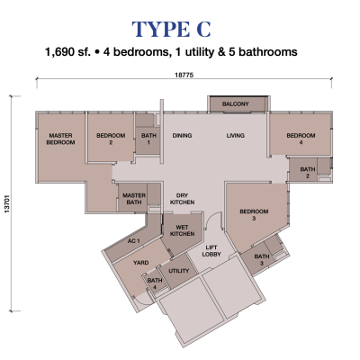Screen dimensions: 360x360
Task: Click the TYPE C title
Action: pyautogui.click(x=171, y=29)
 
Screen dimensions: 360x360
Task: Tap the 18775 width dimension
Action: pyautogui.click(x=184, y=75)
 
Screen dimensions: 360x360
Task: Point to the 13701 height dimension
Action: pyautogui.click(x=7, y=204)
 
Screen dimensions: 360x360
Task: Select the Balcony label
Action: pyautogui.click(x=236, y=104)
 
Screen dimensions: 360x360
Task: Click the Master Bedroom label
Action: pyautogui.click(x=60, y=139)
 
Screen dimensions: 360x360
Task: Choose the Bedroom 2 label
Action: pyautogui.click(x=111, y=139)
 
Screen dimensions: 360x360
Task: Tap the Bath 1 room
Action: pyautogui.click(x=148, y=140)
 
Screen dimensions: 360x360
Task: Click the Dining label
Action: pyautogui.click(x=182, y=136)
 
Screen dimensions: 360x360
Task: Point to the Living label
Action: pyautogui.click(x=236, y=136)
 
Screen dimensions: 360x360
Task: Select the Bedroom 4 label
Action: pyautogui.click(x=301, y=139)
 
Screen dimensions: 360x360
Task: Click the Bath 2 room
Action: pyautogui.click(x=303, y=170)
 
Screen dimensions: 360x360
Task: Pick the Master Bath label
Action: pyautogui.click(x=134, y=199)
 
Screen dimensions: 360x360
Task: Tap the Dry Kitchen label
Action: pyautogui.click(x=182, y=199)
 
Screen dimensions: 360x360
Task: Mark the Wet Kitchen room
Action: pyautogui.click(x=182, y=232)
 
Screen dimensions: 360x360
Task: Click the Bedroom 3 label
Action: pyautogui.click(x=254, y=215)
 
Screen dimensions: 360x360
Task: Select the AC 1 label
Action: pyautogui.click(x=134, y=241)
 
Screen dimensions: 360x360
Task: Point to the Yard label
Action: pyautogui.click(x=141, y=263)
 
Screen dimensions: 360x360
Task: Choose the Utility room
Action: pyautogui.click(x=178, y=271)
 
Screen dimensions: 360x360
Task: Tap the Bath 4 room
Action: pyautogui.click(x=155, y=283)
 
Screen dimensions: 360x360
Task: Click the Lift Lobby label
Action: pyautogui.click(x=211, y=251)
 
